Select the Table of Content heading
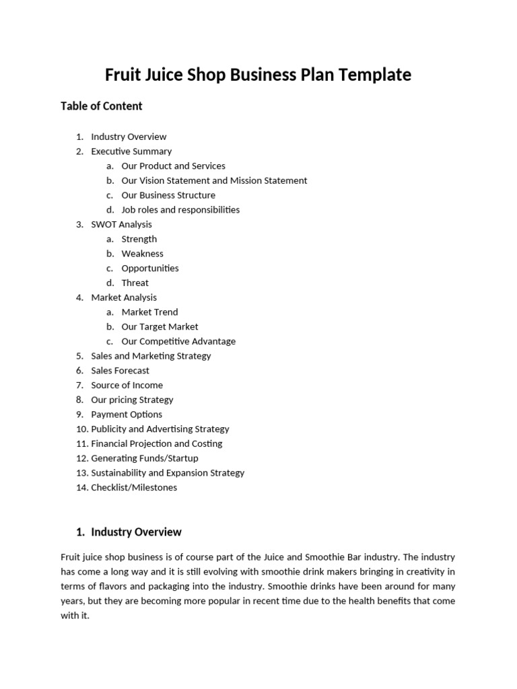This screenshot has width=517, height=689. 101,106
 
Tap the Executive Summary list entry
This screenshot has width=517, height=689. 131,151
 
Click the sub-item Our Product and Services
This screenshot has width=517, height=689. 173,166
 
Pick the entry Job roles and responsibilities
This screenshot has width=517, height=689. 180,209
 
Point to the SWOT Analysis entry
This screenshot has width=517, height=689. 121,224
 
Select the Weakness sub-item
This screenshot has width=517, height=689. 142,254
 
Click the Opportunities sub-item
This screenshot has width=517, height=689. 150,268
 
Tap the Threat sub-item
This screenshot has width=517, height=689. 135,283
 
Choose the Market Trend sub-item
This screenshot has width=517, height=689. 149,312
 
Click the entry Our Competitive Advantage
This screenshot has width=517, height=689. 178,341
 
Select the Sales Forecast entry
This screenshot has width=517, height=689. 120,371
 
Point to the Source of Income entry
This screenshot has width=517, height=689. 127,385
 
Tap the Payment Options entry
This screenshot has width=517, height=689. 127,414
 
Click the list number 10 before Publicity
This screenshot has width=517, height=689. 81,429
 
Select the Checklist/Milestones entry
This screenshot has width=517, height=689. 134,487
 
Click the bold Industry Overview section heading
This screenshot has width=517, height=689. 136,532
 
